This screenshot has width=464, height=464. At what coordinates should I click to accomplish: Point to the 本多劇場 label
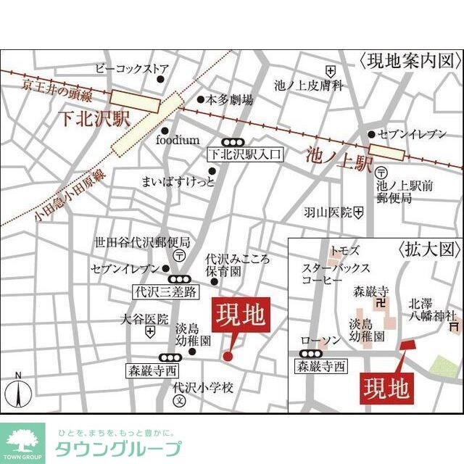coord(230,99)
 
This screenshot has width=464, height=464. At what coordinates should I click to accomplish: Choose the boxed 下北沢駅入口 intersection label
coord(244,154)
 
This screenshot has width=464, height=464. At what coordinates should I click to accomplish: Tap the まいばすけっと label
coord(178,181)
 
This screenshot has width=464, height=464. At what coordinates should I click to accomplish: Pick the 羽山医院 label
coord(328,212)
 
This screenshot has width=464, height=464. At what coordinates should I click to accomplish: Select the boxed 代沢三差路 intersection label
coord(166,292)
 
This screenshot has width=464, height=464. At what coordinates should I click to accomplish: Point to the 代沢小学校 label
coord(203,388)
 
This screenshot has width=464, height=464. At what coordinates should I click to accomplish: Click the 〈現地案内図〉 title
coord(410,61)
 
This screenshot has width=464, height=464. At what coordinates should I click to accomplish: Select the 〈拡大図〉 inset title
coord(429,250)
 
